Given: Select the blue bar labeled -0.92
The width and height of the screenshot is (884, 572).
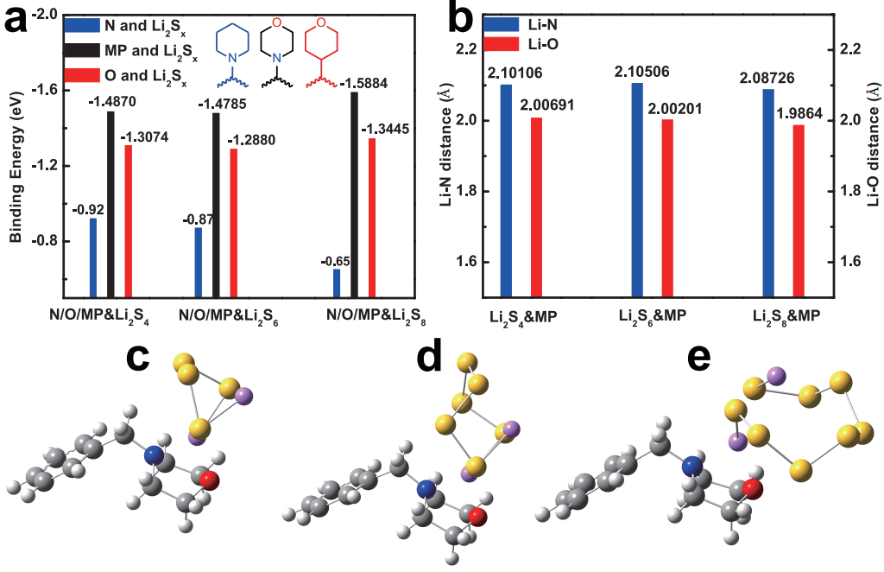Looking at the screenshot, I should coord(93,257).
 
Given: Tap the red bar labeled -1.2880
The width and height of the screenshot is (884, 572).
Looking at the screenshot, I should coord(233,222).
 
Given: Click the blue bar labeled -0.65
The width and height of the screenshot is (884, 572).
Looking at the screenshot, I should coord(336,283).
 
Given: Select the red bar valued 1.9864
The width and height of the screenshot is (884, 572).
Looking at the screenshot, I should coord(799,211).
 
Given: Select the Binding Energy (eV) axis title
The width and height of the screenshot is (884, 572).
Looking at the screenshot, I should coord(15,164).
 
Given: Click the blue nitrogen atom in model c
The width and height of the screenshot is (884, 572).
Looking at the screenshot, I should coord(155,454).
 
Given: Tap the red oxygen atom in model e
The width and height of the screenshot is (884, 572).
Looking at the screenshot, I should coord(752,491).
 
